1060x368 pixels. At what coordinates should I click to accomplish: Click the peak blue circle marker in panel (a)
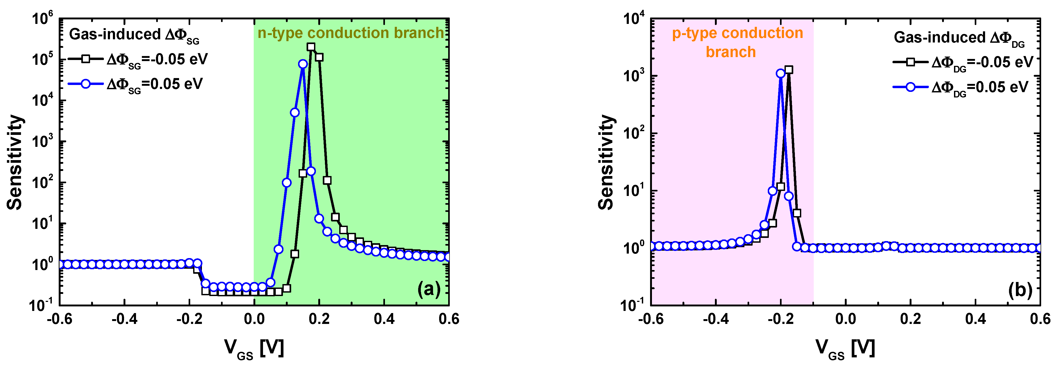coord(303,64)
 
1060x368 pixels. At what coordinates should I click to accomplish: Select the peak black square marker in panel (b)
coord(788,70)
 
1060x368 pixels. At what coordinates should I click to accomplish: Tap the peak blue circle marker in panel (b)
coord(781,73)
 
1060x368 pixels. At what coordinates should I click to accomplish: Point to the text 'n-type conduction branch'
coord(351,33)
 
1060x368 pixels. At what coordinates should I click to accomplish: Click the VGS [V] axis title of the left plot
coord(254,349)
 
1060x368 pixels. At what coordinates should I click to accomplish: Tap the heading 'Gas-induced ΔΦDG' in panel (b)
coord(959,38)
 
